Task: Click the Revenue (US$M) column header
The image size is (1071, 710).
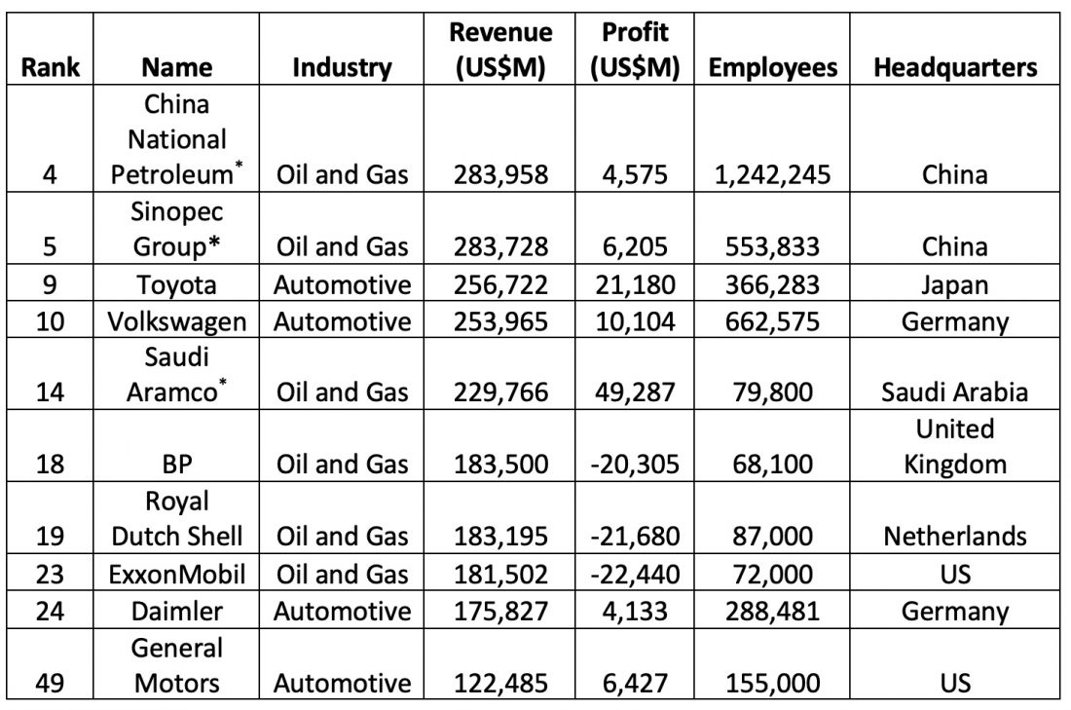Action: point(500,50)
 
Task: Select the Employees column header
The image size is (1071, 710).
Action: point(772,67)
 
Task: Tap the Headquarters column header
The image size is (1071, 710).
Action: point(955,67)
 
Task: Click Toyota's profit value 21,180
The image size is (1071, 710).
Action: point(635,285)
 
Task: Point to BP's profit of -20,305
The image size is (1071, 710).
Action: point(635,465)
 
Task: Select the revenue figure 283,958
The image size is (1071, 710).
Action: point(500,175)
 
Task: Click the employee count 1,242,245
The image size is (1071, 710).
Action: point(772,175)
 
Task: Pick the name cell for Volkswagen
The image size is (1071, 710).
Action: point(177,321)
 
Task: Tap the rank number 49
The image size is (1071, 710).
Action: point(50,684)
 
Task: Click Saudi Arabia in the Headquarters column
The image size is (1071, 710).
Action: point(955,392)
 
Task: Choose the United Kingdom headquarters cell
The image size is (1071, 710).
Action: point(955,446)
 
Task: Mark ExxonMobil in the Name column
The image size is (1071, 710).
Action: point(177,574)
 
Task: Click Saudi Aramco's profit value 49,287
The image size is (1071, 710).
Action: point(635,392)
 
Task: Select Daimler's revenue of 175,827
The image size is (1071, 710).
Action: point(500,611)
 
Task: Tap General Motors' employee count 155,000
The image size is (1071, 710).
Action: point(772,684)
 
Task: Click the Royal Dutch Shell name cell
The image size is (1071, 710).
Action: point(177,519)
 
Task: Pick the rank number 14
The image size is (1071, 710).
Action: point(50,392)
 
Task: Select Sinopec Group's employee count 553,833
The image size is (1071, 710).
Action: point(772,246)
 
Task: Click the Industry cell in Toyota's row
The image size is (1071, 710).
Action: point(342,285)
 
